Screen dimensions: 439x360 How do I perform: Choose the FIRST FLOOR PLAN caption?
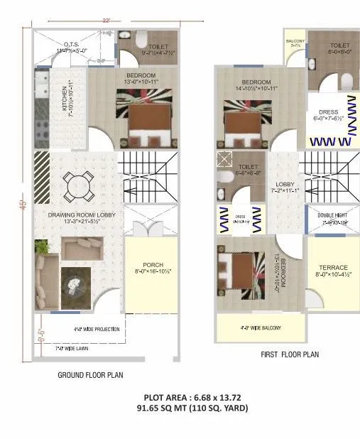click(290, 353)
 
